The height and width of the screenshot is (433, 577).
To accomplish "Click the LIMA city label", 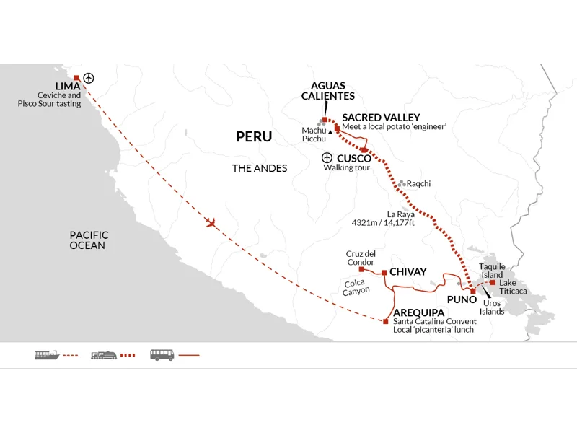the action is [x=68, y=86].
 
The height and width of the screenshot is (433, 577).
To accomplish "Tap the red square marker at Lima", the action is [x=76, y=78].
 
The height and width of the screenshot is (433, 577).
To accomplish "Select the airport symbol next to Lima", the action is [x=89, y=78].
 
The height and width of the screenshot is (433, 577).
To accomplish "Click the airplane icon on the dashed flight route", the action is [x=211, y=223].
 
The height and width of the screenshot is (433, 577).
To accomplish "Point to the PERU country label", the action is [x=254, y=136].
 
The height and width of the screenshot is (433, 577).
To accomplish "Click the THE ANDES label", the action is [x=260, y=168].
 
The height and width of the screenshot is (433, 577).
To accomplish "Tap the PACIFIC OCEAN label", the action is [x=89, y=240].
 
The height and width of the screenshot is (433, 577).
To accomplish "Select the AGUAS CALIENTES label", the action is [x=328, y=91].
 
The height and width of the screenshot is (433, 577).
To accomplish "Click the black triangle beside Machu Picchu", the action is [x=330, y=132].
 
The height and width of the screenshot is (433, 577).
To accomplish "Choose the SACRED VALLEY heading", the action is [x=382, y=118].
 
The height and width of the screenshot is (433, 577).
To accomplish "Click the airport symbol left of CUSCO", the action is [x=327, y=157].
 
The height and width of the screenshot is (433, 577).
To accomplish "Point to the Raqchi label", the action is [x=418, y=183].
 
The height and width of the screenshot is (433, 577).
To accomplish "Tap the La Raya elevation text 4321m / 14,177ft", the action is [x=383, y=223].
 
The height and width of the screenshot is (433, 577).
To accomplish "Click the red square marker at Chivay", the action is [x=384, y=273].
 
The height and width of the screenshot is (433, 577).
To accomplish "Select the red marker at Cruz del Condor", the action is [x=361, y=269].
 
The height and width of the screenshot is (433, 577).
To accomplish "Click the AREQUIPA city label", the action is [x=419, y=312].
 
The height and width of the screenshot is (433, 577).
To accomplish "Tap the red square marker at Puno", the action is [x=473, y=292].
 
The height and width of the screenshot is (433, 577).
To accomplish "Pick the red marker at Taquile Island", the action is [x=493, y=282].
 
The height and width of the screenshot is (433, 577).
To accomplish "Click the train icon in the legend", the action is [x=104, y=355].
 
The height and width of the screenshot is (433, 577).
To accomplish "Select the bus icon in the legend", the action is [x=162, y=355].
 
